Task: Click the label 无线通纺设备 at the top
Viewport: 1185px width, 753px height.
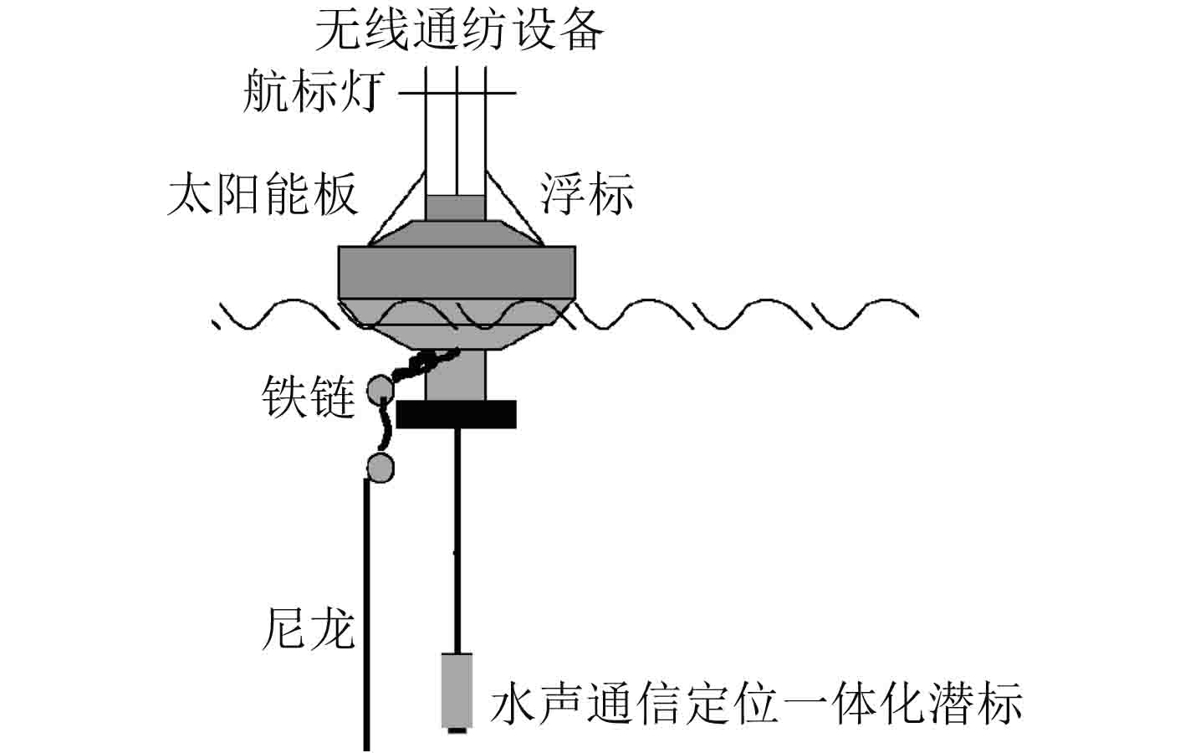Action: tap(459, 30)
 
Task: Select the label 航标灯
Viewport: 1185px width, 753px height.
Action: tap(314, 91)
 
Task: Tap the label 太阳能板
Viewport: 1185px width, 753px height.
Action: tap(263, 195)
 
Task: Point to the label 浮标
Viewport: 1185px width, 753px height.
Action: tap(586, 194)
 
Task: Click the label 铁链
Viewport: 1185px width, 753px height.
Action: tap(308, 395)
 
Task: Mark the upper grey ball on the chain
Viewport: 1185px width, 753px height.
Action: tap(381, 389)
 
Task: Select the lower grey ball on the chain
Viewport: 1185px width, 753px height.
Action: tap(381, 467)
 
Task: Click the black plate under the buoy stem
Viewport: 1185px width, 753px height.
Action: tap(456, 414)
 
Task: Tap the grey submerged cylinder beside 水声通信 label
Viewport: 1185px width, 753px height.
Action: tap(457, 689)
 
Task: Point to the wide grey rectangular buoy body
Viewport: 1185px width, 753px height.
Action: tap(457, 273)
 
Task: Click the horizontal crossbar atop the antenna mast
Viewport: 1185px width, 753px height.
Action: tap(457, 92)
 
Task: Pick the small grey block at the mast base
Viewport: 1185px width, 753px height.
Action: tap(456, 207)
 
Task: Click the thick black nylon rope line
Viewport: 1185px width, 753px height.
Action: tap(366, 611)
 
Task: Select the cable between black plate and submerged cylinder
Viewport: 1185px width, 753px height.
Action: tap(457, 535)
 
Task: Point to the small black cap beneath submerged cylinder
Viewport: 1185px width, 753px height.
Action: tap(457, 730)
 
